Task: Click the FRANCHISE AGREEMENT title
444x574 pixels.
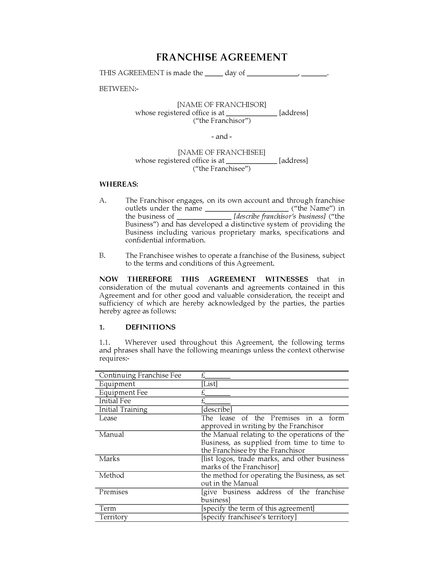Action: [x=222, y=57]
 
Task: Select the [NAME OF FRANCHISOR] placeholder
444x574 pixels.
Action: [x=222, y=105]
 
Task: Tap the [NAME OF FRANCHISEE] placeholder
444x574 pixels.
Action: [x=222, y=152]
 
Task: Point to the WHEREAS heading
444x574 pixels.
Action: [x=118, y=184]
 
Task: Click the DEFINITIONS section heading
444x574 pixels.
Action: [x=150, y=327]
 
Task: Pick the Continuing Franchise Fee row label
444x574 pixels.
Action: [x=140, y=375]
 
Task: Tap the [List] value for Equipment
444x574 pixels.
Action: [x=209, y=384]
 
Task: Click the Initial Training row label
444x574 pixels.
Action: [x=123, y=409]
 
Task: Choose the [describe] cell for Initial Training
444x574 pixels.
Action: [x=217, y=409]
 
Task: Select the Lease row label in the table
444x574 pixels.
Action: [x=108, y=418]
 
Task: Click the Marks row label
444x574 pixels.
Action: [x=109, y=459]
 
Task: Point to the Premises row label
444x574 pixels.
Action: [x=113, y=492]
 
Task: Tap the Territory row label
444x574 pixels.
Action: [x=113, y=517]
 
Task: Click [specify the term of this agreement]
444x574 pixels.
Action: [x=258, y=508]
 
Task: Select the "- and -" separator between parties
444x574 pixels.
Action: [x=222, y=136]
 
